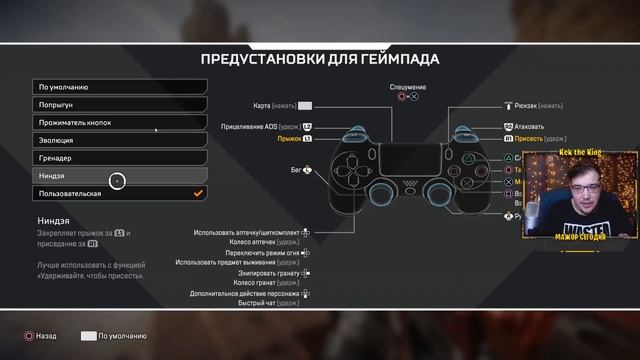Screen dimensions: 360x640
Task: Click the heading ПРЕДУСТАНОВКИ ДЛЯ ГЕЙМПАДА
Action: point(320,58)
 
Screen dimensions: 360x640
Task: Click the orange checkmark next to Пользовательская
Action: point(198,193)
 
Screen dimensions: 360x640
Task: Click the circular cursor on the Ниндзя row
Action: point(117,181)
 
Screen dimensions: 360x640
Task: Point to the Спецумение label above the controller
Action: point(407,87)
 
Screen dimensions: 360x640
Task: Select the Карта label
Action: point(276,105)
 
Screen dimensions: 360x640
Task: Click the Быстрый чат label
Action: point(277,304)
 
